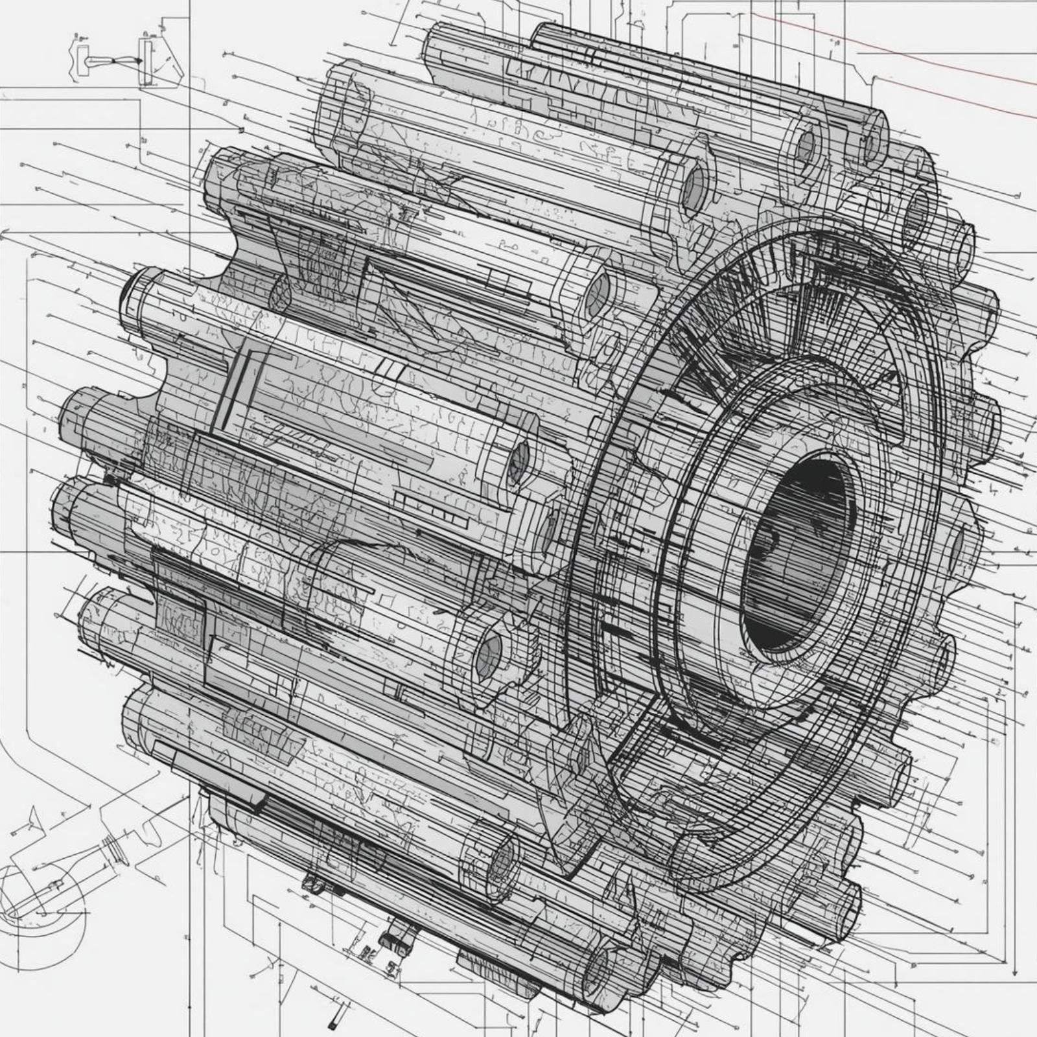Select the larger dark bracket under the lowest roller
399,933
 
